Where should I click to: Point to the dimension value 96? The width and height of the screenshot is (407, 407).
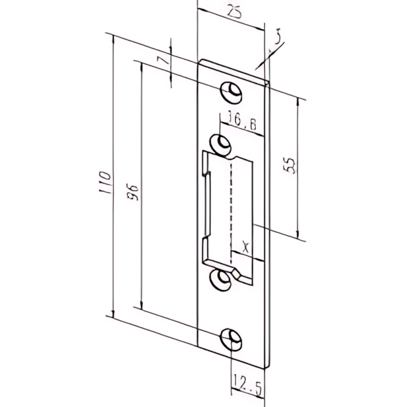click(134, 192)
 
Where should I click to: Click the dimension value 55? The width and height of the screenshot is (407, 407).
click(290, 166)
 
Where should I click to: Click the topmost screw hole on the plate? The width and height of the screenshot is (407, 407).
click(233, 92)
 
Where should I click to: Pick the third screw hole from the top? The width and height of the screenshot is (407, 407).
click(222, 280)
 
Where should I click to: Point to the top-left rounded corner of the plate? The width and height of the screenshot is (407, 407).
click(202, 63)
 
